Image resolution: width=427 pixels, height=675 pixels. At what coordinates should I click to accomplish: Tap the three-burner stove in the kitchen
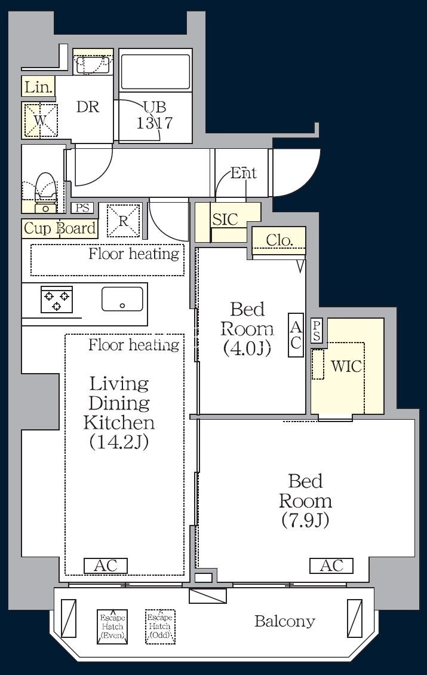(x=57, y=299)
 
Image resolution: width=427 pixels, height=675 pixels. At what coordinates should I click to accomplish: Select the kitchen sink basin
(x=122, y=299)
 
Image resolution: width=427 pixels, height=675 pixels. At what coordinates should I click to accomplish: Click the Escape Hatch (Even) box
(x=112, y=627)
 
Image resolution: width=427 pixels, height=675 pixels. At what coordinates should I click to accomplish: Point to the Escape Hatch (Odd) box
(x=160, y=627)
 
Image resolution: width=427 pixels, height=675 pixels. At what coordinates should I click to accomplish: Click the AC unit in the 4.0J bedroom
(x=296, y=335)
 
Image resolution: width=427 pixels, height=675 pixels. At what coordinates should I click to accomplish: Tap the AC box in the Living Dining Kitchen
(x=106, y=566)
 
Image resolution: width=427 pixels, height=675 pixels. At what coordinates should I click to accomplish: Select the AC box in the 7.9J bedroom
(x=331, y=566)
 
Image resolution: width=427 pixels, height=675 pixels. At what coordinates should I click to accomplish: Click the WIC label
(x=346, y=366)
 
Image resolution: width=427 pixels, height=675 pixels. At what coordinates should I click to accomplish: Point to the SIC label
(x=225, y=219)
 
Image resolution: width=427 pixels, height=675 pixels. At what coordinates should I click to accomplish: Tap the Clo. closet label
(x=279, y=240)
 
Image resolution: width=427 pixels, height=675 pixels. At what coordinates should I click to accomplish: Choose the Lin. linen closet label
(x=38, y=87)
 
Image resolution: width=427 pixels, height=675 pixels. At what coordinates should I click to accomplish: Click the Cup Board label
(x=60, y=228)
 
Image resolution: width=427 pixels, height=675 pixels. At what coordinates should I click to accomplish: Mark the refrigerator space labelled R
(x=124, y=221)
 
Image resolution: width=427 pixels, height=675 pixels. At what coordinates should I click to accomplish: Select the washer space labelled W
(x=41, y=121)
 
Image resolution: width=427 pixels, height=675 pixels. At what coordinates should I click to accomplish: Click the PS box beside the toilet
(x=82, y=208)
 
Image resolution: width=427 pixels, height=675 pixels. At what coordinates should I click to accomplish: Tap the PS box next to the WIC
(x=317, y=331)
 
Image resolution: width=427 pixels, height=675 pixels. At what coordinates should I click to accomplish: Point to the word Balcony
(x=285, y=621)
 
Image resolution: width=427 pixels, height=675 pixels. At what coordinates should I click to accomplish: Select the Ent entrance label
(x=244, y=173)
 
